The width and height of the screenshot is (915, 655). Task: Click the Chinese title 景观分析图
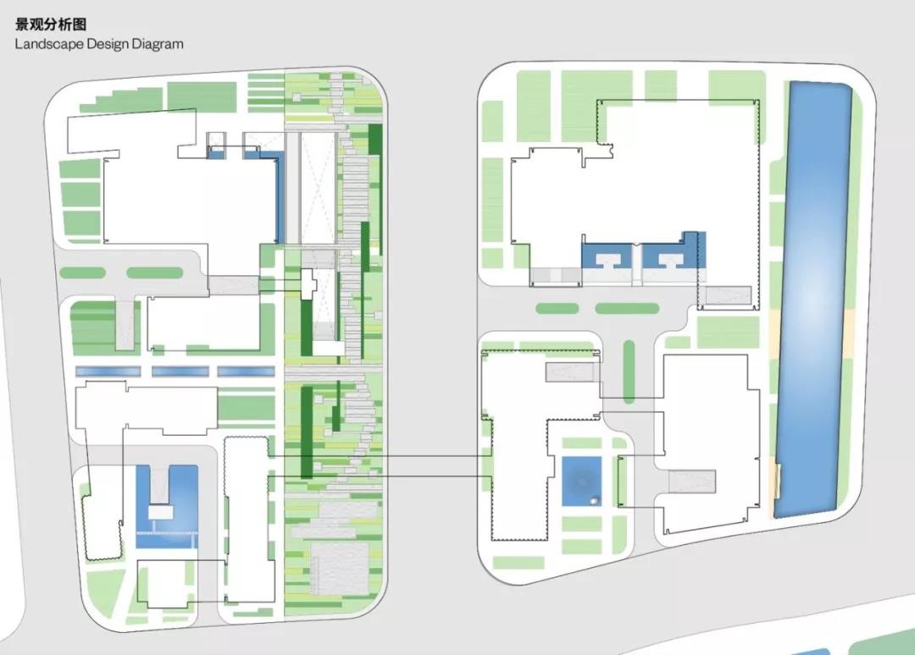51,25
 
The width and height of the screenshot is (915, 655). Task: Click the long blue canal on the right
813,299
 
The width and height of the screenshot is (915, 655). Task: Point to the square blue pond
582,482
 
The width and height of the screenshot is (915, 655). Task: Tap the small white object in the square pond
594,499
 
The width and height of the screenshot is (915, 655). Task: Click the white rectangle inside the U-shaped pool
161,512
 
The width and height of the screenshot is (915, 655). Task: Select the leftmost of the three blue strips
108,372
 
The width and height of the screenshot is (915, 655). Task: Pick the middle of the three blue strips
180,372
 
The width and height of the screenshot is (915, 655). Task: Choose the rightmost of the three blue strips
246,372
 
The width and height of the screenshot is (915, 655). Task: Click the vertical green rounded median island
629,372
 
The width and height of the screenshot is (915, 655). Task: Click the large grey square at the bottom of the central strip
340,568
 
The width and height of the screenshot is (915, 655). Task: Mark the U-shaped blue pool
167,506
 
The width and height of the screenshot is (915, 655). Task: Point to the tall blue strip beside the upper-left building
280,198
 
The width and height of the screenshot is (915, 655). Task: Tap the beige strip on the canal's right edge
849,333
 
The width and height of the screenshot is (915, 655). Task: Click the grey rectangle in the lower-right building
692,482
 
